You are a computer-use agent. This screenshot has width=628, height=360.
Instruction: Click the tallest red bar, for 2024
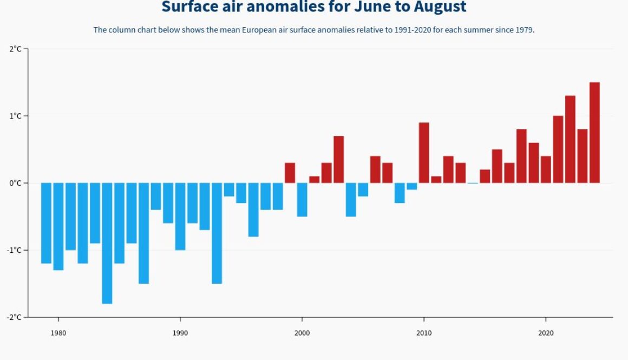pos(594,133)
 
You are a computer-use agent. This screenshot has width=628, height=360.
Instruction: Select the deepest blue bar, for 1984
pos(107,243)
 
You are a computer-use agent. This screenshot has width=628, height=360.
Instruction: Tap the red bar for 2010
pos(424,153)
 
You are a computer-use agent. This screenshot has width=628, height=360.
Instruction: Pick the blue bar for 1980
pos(58,226)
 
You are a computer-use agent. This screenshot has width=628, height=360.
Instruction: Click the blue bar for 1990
pos(180,217)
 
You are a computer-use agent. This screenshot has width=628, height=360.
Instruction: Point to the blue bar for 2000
pos(302,200)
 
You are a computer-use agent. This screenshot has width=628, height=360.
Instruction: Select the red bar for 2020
pos(546,169)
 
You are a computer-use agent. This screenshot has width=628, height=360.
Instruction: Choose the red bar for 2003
pos(339,159)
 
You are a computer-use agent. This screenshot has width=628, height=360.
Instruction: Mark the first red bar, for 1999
pos(290,173)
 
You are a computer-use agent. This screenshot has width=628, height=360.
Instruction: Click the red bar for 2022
pos(570,139)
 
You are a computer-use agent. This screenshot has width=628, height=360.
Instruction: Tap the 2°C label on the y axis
pos(15,49)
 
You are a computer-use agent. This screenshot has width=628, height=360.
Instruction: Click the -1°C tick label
pos(14,250)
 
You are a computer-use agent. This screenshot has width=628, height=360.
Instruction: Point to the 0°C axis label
pos(15,183)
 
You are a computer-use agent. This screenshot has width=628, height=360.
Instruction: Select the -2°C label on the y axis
pos(14,317)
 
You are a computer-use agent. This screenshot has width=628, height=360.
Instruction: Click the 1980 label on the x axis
pos(58,333)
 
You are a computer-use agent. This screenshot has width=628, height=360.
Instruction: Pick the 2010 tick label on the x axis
pos(424,333)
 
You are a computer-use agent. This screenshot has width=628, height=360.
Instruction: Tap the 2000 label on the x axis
pos(302,333)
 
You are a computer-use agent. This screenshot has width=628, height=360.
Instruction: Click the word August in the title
pos(440,7)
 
